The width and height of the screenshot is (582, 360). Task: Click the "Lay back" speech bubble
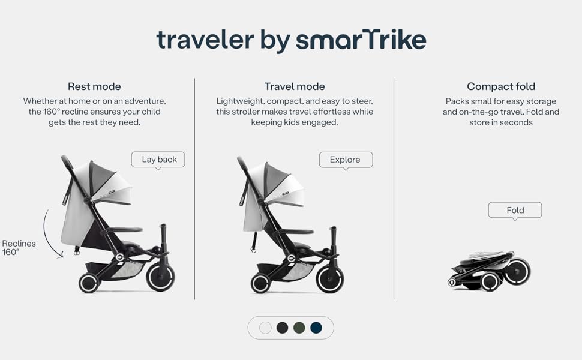(x=158, y=160)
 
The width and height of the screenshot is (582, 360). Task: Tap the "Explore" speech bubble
(x=346, y=160)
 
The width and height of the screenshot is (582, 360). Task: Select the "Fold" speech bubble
(x=515, y=210)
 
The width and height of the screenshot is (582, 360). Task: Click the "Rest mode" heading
(x=94, y=86)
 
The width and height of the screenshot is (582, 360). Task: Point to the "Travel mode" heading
(x=295, y=86)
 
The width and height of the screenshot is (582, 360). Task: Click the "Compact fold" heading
(x=501, y=86)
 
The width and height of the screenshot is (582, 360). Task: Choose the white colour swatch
(x=265, y=328)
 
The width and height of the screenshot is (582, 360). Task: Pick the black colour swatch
(x=283, y=328)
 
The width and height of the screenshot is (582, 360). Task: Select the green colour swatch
(x=299, y=328)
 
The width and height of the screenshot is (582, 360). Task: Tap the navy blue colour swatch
(x=316, y=328)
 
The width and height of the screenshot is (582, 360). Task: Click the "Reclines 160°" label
(x=19, y=248)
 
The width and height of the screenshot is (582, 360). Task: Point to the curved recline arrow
(x=44, y=234)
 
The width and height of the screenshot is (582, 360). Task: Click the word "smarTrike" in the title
(x=361, y=40)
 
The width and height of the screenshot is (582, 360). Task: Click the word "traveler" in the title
(x=205, y=40)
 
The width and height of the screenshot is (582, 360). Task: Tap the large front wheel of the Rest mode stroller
(x=160, y=277)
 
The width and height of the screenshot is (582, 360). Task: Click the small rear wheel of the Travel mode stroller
(x=260, y=284)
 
